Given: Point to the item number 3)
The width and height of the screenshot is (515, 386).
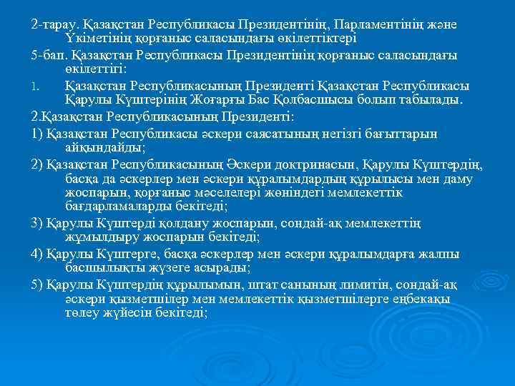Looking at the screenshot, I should [x=37, y=224].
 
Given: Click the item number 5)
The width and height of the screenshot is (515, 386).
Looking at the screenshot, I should [x=37, y=286].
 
